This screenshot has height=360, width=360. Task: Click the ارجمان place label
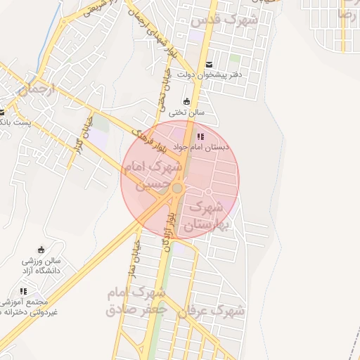[x=32, y=90]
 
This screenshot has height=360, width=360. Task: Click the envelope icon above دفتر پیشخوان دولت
[x=208, y=65]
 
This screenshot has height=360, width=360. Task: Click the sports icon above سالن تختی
[x=186, y=101]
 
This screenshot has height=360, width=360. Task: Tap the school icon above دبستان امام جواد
[x=200, y=136]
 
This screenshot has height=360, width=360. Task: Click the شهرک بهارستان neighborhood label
[x=205, y=217]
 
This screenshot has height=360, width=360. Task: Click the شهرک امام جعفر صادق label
[x=137, y=301]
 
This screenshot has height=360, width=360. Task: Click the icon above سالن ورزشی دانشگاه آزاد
[x=41, y=249]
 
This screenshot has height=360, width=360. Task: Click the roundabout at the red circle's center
[x=178, y=188]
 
